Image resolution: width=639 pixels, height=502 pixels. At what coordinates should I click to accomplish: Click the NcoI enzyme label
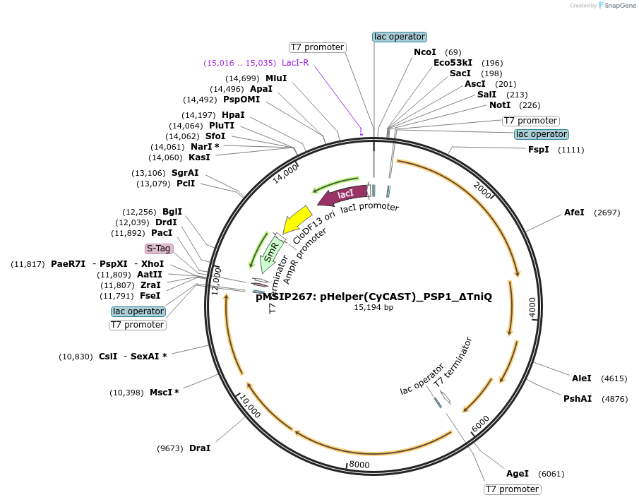click(425, 52)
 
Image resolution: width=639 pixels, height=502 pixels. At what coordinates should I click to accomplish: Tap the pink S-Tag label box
click(159, 249)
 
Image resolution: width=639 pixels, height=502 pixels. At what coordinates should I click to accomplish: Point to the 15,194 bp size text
click(374, 307)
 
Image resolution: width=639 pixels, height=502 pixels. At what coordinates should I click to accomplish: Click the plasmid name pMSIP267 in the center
click(374, 297)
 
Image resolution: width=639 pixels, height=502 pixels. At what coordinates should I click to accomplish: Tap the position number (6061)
click(551, 474)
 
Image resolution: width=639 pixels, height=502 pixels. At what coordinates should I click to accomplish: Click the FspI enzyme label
click(538, 150)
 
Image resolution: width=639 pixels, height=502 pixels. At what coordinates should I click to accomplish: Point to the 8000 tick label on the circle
click(359, 464)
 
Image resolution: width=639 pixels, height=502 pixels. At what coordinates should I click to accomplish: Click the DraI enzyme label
click(200, 448)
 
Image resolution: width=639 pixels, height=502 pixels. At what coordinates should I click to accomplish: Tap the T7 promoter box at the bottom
click(512, 489)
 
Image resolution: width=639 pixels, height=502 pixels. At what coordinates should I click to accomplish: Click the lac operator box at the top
click(400, 37)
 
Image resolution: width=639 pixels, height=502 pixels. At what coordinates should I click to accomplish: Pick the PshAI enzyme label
click(578, 399)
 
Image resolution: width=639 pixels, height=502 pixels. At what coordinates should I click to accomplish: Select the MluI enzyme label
click(276, 78)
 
